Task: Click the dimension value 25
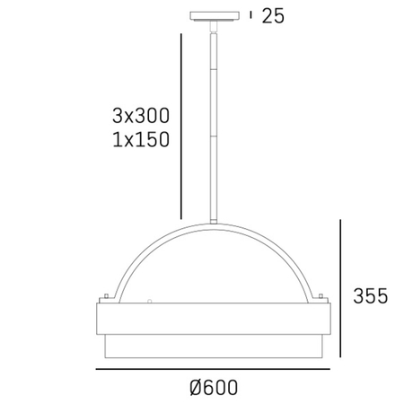[273, 16]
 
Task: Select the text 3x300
[142, 115]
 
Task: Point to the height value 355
[371, 296]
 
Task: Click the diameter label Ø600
[214, 388]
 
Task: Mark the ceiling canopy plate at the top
[215, 15]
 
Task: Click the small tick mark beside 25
[250, 15]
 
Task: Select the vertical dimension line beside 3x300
[182, 126]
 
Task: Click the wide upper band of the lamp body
[215, 319]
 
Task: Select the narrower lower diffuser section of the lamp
[215, 347]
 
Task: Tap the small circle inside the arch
[151, 301]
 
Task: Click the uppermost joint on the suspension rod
[215, 36]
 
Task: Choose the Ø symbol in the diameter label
[195, 388]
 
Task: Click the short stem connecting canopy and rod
[215, 25]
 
